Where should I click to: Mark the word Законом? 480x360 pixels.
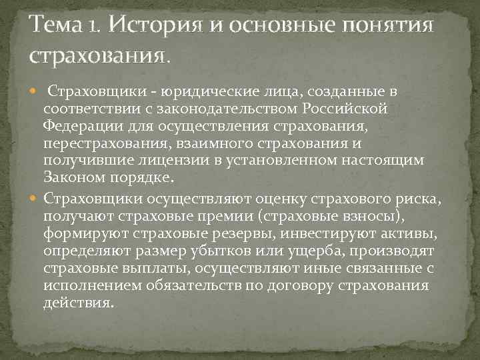pos(71,177)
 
